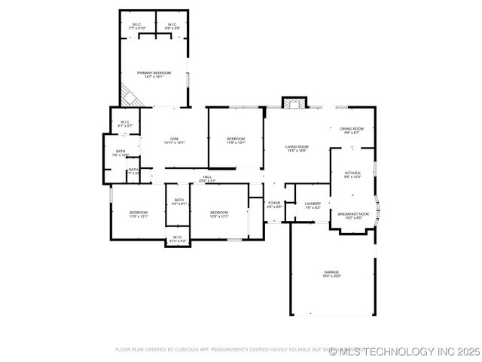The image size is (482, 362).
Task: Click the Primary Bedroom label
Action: [x=154, y=74]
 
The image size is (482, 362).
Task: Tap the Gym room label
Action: [x=174, y=140]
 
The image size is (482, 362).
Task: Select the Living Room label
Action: [x=297, y=148]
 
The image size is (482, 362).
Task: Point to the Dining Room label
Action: [x=352, y=130]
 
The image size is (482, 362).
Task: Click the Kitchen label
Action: [x=352, y=174]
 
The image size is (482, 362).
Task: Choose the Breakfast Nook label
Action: [x=352, y=215]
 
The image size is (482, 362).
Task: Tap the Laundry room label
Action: [x=313, y=204]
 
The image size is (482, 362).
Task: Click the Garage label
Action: [x=332, y=274]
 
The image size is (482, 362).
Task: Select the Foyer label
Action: [x=274, y=204]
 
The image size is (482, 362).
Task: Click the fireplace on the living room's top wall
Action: [x=294, y=103]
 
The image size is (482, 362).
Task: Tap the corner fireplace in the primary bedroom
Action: [x=128, y=96]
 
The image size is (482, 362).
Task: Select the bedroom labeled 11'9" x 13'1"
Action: [x=236, y=140]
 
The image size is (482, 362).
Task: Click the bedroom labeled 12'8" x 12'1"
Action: [x=219, y=214]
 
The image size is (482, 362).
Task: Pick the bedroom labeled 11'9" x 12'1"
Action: [x=138, y=214]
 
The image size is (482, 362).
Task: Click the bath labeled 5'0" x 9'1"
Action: [x=178, y=201]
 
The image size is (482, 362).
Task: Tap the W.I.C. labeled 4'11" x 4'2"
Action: [x=177, y=239]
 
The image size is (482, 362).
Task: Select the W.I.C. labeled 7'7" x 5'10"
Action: [x=137, y=26]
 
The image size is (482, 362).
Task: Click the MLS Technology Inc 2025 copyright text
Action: [x=393, y=351]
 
